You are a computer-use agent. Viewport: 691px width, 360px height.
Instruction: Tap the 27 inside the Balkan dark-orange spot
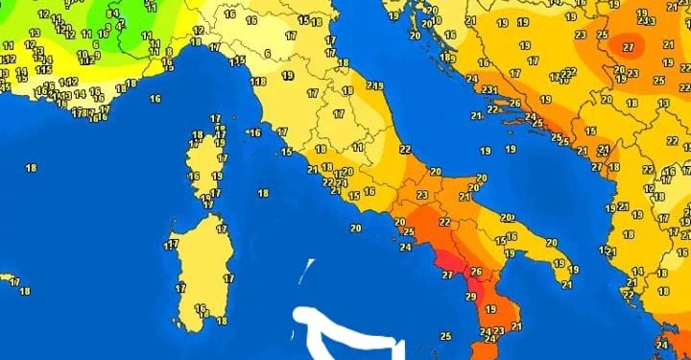[x=630, y=46]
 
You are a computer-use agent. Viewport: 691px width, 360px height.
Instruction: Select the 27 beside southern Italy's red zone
[x=447, y=275]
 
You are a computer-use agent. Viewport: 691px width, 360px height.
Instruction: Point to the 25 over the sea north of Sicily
[x=445, y=336]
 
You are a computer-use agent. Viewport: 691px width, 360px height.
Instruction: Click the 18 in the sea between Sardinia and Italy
[x=263, y=193]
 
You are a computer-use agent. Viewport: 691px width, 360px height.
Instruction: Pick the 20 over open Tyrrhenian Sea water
[x=355, y=228]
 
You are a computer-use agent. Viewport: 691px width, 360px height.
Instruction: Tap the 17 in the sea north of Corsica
[x=214, y=117]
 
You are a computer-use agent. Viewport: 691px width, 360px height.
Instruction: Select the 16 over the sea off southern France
[x=155, y=98]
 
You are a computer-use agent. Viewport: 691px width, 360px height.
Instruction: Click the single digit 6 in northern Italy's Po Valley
[x=268, y=53]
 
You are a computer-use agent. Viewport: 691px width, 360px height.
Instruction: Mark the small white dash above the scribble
[x=309, y=270]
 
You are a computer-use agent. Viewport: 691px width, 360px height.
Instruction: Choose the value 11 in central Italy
[x=357, y=147]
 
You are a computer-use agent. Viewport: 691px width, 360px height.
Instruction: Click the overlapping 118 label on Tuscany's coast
[x=258, y=82]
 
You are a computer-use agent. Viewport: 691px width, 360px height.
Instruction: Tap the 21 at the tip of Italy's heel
[x=566, y=284]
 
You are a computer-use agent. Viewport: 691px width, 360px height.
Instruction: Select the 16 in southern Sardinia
[x=200, y=308]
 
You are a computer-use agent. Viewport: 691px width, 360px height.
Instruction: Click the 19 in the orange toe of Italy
[x=490, y=309]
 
